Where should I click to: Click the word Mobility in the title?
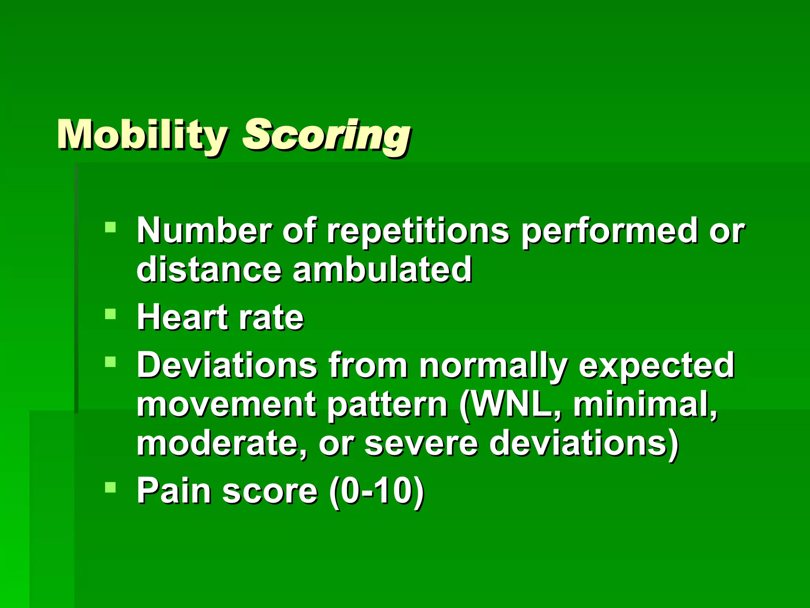click(x=142, y=135)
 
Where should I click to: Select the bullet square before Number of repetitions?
click(x=110, y=227)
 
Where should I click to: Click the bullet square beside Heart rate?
click(x=110, y=314)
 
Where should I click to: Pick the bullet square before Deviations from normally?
click(x=110, y=362)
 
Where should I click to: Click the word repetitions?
click(x=418, y=232)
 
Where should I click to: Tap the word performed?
click(x=609, y=232)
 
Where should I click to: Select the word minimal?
click(x=645, y=405)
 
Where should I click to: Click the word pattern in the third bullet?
click(x=387, y=405)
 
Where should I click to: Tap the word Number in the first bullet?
click(x=204, y=232)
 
